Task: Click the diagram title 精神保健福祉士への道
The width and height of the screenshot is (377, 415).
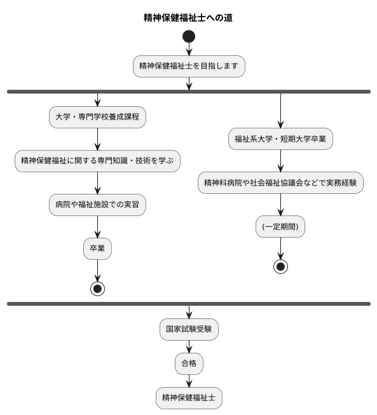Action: [x=188, y=18]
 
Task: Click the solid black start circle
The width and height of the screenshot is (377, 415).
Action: [x=189, y=37]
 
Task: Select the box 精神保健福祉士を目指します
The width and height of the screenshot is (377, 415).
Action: [x=189, y=66]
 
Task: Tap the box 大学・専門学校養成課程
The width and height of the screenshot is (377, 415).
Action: [x=97, y=117]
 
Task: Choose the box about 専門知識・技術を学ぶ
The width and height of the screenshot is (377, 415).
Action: [x=97, y=161]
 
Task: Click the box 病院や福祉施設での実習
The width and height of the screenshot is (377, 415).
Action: [x=97, y=205]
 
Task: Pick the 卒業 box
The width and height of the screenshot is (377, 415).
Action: [x=97, y=248]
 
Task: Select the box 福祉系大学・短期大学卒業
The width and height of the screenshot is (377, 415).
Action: [x=280, y=139]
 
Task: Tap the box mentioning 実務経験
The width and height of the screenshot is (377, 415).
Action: [x=280, y=182]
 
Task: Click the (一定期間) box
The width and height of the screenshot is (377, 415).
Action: [x=280, y=226]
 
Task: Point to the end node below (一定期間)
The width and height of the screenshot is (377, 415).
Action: [x=280, y=266]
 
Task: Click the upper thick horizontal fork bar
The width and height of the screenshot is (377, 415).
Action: [x=189, y=92]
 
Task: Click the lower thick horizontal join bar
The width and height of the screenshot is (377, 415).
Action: [x=189, y=304]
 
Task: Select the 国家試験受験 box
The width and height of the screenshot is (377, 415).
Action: [x=189, y=329]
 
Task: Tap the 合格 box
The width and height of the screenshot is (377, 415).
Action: [x=189, y=364]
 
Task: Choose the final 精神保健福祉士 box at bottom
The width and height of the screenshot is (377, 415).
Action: [x=189, y=398]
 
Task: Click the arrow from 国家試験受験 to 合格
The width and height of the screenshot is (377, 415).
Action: [x=189, y=346]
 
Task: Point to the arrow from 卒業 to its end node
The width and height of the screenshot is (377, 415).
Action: [x=97, y=270]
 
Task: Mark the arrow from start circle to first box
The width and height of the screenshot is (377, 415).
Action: [x=189, y=50]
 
